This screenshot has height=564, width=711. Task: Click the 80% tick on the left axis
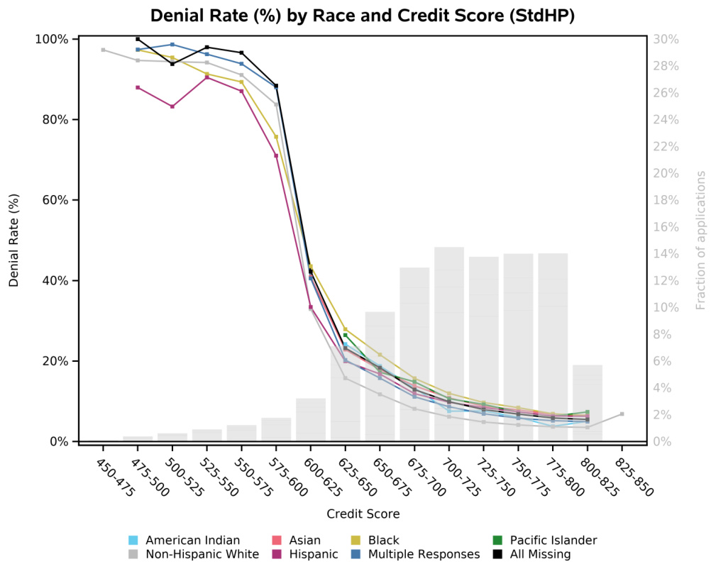pyautogui.click(x=53, y=120)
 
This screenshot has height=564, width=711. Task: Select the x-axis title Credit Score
pyautogui.click(x=363, y=514)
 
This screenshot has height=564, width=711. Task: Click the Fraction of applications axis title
pyautogui.click(x=700, y=240)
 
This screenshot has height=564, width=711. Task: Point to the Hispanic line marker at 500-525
pyautogui.click(x=172, y=106)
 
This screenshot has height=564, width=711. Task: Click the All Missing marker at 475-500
pyautogui.click(x=138, y=39)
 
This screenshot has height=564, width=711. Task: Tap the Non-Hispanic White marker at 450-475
pyautogui.click(x=104, y=50)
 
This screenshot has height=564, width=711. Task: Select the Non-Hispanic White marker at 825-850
pyautogui.click(x=622, y=414)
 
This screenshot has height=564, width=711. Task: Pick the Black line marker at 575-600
pyautogui.click(x=276, y=137)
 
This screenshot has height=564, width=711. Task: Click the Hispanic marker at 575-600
pyautogui.click(x=276, y=155)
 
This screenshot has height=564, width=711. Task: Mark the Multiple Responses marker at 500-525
pyautogui.click(x=172, y=45)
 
